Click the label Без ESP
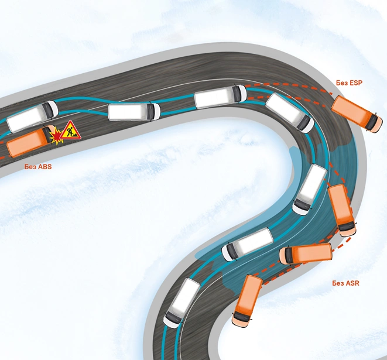tap(350, 83)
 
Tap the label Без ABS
tap(38, 167)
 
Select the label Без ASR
tap(345, 284)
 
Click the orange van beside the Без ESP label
tap(355, 114)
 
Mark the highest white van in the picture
tap(220, 97)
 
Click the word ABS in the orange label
tap(44, 167)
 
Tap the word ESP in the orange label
tap(356, 83)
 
